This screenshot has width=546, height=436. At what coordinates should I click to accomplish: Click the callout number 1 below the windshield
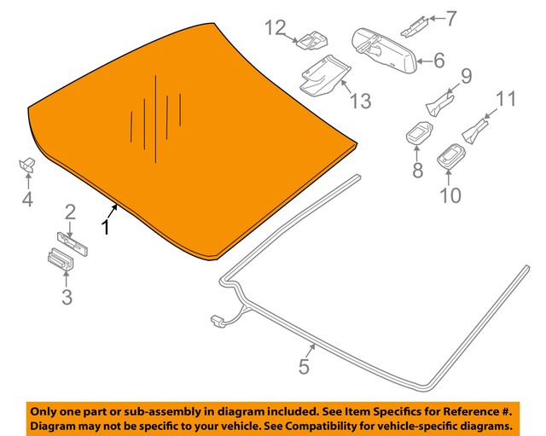click(106, 228)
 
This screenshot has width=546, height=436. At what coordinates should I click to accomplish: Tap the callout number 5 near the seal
click(304, 367)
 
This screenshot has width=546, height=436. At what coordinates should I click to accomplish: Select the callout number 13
click(360, 101)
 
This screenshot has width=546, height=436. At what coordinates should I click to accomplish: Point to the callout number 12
click(276, 27)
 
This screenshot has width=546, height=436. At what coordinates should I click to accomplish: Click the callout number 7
click(451, 19)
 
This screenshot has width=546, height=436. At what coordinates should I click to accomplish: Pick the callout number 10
click(450, 195)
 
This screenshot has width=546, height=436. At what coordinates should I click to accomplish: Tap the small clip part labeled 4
click(26, 164)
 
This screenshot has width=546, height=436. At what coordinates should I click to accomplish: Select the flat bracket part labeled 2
click(73, 243)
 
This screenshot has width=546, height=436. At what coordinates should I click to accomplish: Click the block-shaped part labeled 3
click(61, 259)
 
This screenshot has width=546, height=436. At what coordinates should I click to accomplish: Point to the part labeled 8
click(419, 132)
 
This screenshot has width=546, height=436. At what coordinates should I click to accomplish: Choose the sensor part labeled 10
click(450, 155)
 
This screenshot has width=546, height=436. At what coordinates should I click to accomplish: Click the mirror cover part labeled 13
click(324, 75)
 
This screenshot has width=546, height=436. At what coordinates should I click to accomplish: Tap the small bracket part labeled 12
click(312, 41)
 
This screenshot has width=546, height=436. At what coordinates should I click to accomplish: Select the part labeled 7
click(415, 26)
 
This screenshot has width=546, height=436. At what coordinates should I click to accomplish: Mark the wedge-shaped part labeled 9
click(439, 104)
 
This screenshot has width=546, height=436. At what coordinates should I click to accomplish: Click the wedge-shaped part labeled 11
click(475, 131)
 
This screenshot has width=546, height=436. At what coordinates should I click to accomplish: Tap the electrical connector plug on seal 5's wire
click(217, 321)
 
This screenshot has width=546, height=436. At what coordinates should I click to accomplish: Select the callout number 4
click(27, 200)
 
